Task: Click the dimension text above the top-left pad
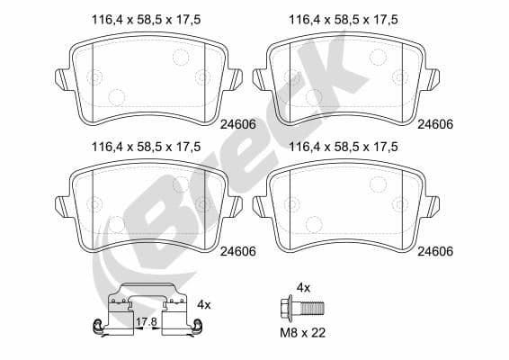(x=146, y=20)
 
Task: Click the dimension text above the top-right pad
(x=344, y=20)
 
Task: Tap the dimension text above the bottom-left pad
(x=146, y=147)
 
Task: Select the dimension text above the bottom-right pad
(x=344, y=147)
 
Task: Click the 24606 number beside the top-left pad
(x=238, y=124)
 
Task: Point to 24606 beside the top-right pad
(x=435, y=124)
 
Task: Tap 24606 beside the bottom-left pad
(x=238, y=251)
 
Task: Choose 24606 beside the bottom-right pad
(x=435, y=251)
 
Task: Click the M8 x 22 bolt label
(x=302, y=333)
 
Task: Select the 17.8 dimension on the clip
(x=147, y=321)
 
